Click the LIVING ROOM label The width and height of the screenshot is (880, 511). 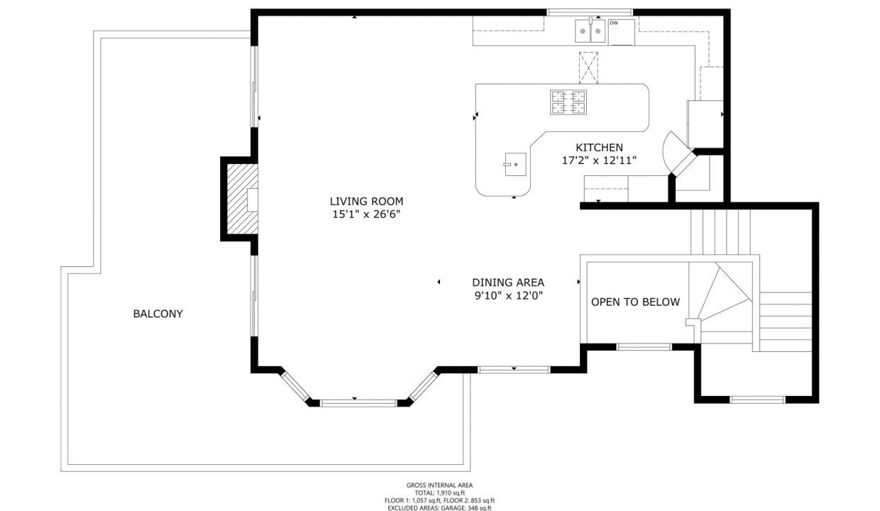click(361, 201)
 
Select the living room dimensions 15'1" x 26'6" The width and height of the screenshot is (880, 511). click(361, 214)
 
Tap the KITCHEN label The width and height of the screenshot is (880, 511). click(599, 148)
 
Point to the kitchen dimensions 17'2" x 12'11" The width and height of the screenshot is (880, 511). click(599, 160)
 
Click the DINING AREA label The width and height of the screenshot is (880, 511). click(508, 282)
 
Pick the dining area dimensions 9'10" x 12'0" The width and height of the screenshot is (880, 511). click(508, 296)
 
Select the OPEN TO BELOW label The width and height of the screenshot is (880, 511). click(635, 302)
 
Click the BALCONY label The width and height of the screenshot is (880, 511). click(158, 314)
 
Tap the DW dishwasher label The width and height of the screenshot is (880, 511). click(613, 23)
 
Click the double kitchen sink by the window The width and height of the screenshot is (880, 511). click(590, 31)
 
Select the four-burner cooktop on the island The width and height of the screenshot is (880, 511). click(568, 102)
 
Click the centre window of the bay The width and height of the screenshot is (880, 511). click(358, 402)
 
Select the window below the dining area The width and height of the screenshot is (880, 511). click(514, 369)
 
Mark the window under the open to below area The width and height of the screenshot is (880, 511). click(644, 347)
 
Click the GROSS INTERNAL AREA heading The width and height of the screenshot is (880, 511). click(440, 485)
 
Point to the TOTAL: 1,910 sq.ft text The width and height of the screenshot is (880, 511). click(440, 493)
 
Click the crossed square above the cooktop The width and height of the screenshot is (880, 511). click(589, 68)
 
